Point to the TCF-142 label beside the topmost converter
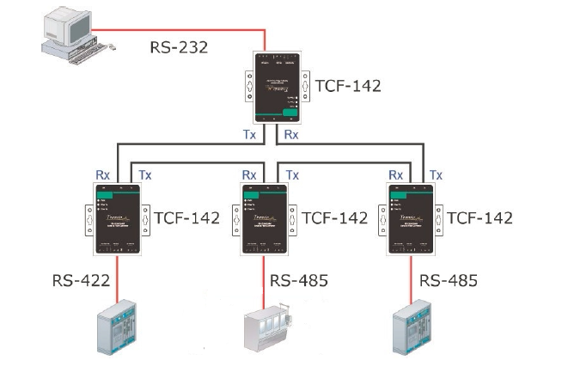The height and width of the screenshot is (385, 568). click(x=346, y=86)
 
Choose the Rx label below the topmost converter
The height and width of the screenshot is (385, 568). click(x=292, y=135)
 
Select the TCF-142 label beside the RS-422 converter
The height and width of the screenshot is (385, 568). click(x=186, y=218)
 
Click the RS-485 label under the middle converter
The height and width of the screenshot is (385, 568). click(x=299, y=281)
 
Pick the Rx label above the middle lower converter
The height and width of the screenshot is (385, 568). click(x=249, y=174)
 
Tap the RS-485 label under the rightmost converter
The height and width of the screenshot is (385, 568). click(x=449, y=281)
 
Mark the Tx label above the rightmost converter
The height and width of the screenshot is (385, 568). click(x=435, y=174)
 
